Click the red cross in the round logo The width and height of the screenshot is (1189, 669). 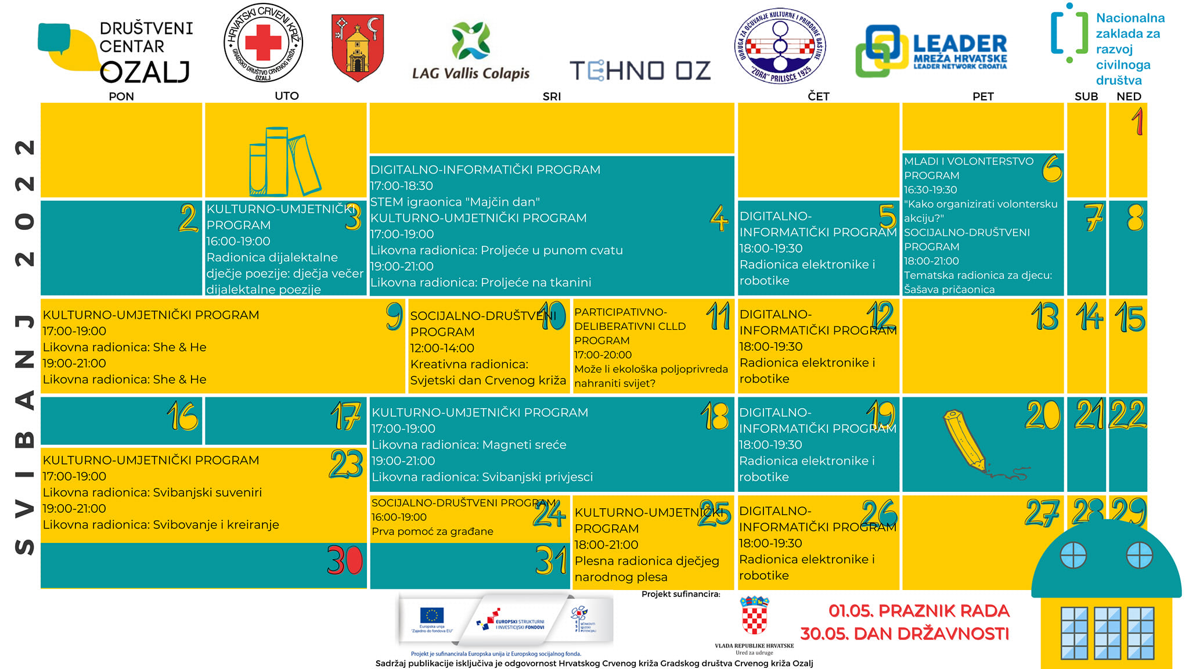pos(263,42)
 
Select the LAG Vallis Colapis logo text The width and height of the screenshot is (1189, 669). pos(471,73)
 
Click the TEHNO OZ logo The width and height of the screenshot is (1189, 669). pos(640,71)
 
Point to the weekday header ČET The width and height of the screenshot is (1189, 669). pos(818,96)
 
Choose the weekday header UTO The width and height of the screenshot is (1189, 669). pos(286,96)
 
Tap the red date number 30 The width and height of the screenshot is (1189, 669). pos(344,560)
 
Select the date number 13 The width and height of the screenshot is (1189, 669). pos(1044,317)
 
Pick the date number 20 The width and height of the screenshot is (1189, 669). pos(1043,415)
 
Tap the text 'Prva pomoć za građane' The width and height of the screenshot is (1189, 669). pos(433,531)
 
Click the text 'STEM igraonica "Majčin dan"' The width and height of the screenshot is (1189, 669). pos(455,202)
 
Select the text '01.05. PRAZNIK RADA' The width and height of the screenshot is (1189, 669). pos(918,611)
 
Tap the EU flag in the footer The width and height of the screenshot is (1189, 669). pos(432,615)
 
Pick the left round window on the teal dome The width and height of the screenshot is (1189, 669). pos(1073,555)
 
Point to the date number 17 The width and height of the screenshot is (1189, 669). pos(345,416)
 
